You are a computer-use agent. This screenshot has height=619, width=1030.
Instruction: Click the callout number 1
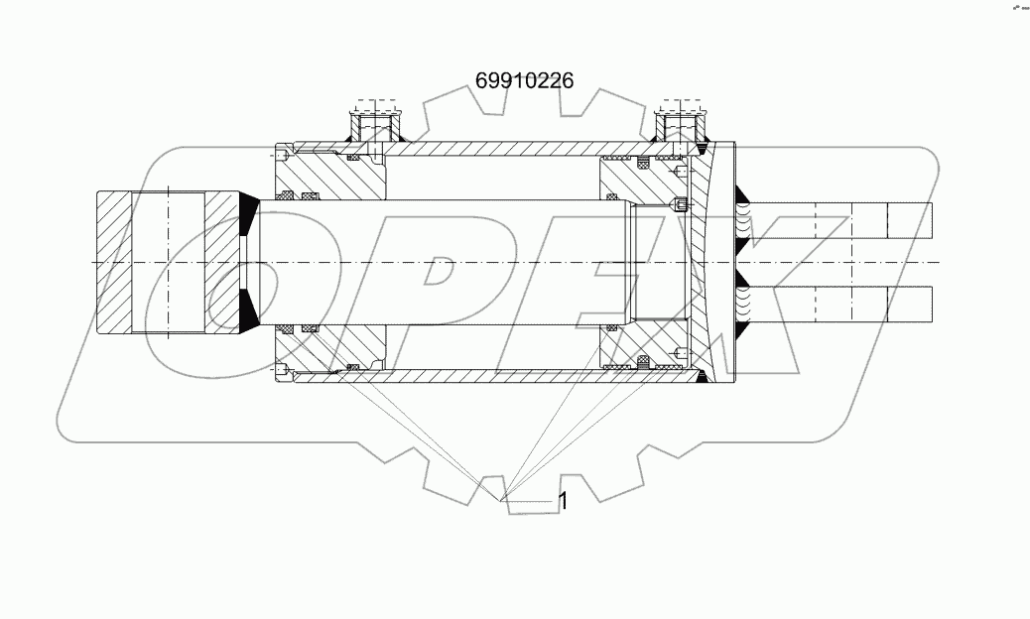pos(564,501)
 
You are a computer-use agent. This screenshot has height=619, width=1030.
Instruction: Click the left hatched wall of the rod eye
pos(114,261)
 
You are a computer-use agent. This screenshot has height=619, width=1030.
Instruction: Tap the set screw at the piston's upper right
pos(680,206)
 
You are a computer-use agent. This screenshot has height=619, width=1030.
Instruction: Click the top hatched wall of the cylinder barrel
pos(496,149)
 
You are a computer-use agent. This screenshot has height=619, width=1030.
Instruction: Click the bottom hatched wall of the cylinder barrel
pos(496,375)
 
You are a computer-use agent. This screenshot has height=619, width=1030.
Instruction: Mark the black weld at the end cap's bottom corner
pos(703,376)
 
